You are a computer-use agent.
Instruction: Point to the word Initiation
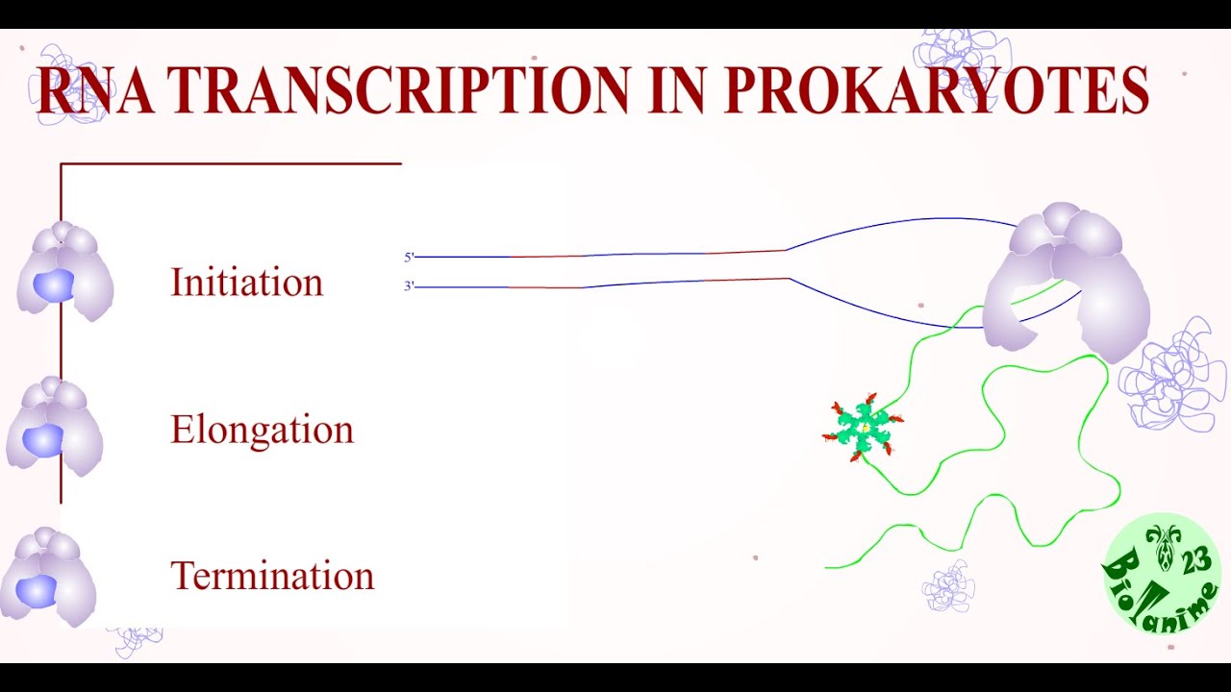coord(246,283)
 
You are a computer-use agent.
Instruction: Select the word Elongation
coord(262,430)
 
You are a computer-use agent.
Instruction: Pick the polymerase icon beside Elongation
coord(55,426)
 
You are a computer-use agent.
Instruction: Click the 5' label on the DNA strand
coord(409,258)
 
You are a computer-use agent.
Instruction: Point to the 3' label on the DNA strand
coord(409,286)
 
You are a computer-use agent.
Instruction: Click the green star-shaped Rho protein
coord(865,429)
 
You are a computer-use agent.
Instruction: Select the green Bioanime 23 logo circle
coord(1162,574)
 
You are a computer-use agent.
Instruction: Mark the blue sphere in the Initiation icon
coord(54,285)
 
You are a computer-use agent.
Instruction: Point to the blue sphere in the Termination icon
coord(37,591)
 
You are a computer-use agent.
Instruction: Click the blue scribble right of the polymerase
coord(1173,375)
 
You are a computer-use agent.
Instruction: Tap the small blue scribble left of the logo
coord(948,585)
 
